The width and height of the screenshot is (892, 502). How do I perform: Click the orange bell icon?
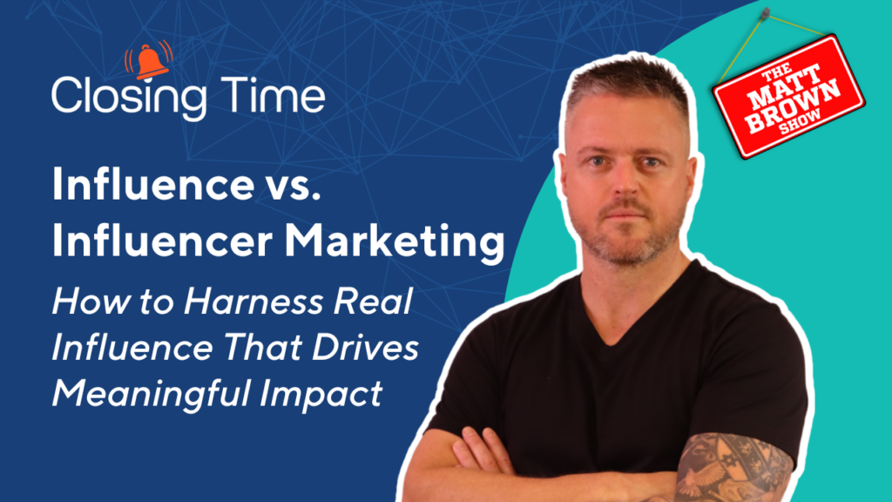pyautogui.click(x=149, y=60)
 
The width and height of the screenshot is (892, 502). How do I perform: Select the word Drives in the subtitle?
pyautogui.click(x=365, y=347)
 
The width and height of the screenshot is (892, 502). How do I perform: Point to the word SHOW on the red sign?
pyautogui.click(x=801, y=122)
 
